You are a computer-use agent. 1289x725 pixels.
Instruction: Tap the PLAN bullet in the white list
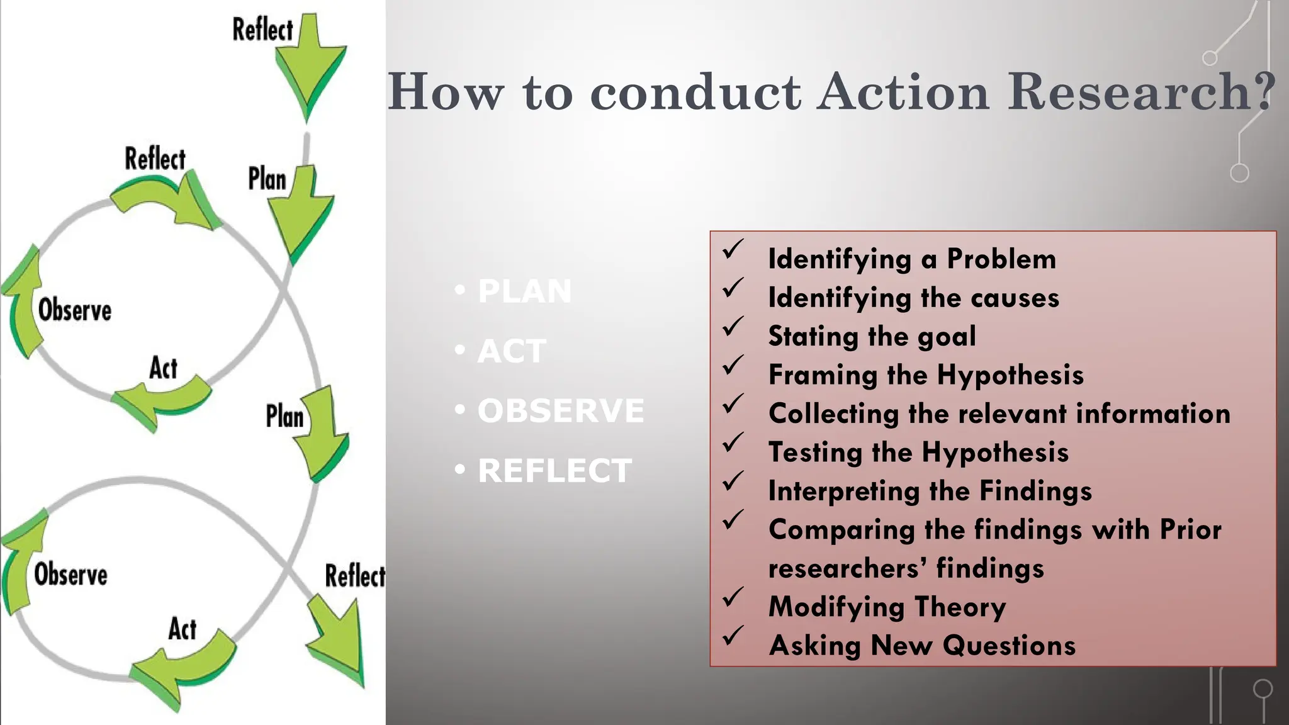(524, 291)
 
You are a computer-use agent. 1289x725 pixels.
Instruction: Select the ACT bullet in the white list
(511, 351)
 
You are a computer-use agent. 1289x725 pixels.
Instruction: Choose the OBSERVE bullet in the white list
(560, 411)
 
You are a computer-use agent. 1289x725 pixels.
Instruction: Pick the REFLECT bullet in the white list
(554, 471)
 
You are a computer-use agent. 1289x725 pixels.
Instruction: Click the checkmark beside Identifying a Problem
(733, 249)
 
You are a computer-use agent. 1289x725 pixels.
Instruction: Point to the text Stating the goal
(872, 336)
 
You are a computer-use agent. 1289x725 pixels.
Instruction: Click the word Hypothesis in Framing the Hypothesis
(1010, 375)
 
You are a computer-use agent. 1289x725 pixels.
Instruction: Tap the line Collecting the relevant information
(999, 413)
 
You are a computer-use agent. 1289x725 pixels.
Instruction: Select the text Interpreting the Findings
(930, 491)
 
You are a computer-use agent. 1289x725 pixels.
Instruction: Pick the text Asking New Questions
(922, 645)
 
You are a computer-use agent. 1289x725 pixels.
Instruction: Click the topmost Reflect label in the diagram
(262, 30)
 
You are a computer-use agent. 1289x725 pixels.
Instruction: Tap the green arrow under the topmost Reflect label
(310, 69)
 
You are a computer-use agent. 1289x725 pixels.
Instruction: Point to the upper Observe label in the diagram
(74, 310)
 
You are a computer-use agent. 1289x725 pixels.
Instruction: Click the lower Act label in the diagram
(182, 629)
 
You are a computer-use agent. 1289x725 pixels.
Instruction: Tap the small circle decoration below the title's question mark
(1239, 172)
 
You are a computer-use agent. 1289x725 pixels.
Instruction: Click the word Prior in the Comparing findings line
(1190, 530)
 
